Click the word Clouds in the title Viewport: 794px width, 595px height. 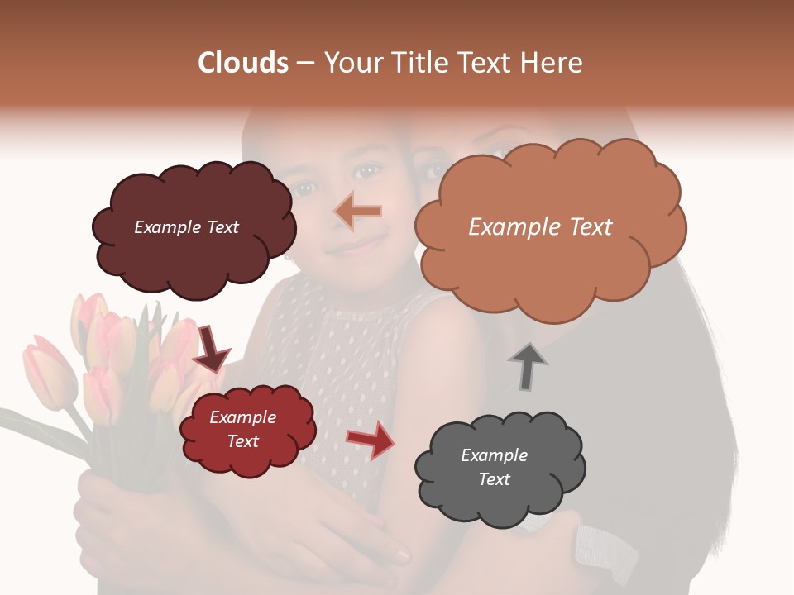(243, 63)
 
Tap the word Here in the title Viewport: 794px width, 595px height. (552, 63)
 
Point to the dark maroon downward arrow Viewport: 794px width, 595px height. (211, 348)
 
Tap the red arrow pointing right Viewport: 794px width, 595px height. (371, 440)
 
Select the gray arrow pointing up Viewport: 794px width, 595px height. (527, 365)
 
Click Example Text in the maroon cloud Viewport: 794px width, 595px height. (186, 227)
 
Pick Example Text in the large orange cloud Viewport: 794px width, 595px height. (540, 227)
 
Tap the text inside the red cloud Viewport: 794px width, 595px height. (243, 430)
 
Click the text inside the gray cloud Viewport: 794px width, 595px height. (494, 467)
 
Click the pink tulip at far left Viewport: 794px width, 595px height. (50, 372)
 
